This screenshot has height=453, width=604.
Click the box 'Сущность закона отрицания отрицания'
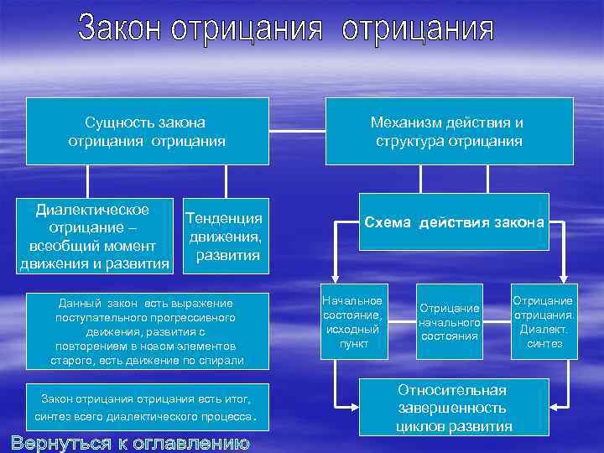tap(147, 131)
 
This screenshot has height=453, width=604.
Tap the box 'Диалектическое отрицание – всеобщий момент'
tap(93, 237)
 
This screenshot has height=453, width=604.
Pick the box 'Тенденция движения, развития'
tap(223, 236)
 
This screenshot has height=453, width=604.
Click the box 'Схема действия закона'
tap(454, 222)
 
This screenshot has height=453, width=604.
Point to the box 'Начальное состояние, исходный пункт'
tap(353, 323)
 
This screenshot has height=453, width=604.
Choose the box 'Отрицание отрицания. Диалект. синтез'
tap(544, 323)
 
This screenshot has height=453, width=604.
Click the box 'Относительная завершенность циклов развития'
tap(454, 408)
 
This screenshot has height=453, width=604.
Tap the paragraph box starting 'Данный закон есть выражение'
tap(147, 331)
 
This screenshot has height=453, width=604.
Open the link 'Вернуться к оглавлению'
tap(131, 442)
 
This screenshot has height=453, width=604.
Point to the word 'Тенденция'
tap(223, 218)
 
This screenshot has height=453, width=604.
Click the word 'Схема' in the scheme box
tap(388, 222)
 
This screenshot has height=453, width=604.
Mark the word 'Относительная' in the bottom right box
tap(453, 390)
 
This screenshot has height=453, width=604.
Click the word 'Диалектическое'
tap(93, 210)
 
